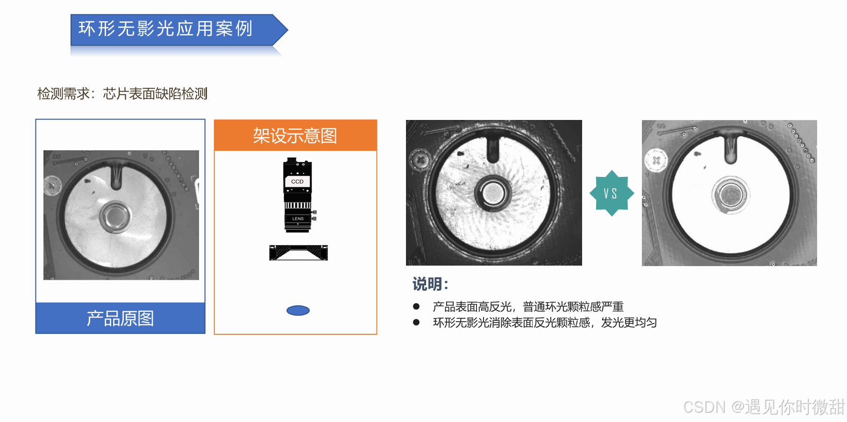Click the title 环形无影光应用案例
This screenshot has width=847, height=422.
(x=165, y=29)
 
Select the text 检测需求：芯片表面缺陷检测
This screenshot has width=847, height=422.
(x=122, y=94)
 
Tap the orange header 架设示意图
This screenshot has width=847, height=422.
(x=295, y=135)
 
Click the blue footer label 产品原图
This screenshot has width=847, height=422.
(x=121, y=318)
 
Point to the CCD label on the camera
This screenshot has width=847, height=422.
(x=297, y=182)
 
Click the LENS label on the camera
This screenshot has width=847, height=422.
(x=298, y=218)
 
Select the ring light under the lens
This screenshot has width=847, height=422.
(x=299, y=253)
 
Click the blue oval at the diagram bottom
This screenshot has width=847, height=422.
(x=298, y=310)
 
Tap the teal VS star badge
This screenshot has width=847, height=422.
(x=612, y=193)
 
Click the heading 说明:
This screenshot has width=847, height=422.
(x=430, y=284)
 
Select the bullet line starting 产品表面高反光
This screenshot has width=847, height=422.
(x=528, y=307)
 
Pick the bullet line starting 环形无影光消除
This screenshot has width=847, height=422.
(x=545, y=323)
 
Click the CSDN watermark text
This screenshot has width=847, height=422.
(x=764, y=407)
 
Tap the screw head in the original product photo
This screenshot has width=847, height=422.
(x=51, y=186)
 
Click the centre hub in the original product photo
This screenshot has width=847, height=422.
(x=115, y=217)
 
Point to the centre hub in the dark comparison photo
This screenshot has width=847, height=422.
(x=491, y=193)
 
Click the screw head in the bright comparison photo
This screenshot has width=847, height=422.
(x=656, y=161)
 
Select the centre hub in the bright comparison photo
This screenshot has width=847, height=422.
(x=731, y=195)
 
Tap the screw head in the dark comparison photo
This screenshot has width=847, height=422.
(x=420, y=160)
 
